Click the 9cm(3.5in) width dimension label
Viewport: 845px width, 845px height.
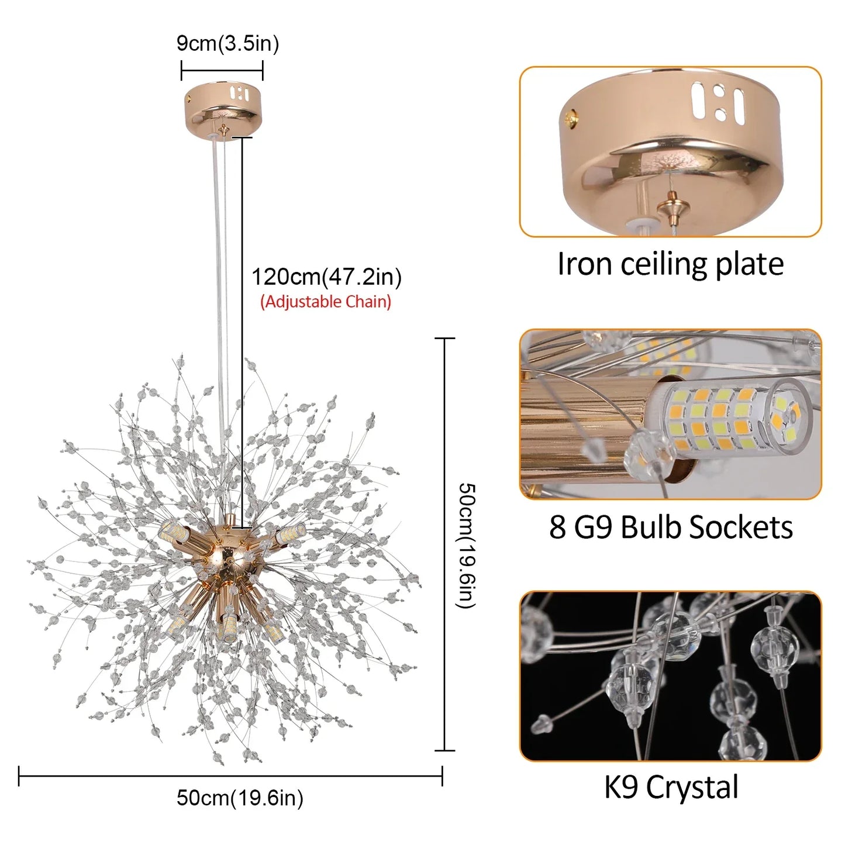pos(227,44)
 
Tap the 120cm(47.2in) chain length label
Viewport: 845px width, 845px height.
pos(326,277)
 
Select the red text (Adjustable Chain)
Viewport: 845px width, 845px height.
pos(326,302)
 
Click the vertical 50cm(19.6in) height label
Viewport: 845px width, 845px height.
pos(467,545)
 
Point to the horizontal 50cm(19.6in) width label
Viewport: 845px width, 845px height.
pos(240,798)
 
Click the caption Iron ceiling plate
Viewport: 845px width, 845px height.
pos(670,264)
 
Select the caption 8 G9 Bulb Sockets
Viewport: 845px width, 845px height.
pos(671,527)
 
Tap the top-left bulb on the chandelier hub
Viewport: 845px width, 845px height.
pos(173,532)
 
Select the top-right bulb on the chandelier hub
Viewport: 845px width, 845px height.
pos(290,533)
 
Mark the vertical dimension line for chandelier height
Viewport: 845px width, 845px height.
pos(445,544)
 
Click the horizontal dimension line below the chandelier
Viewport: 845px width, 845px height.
pos(230,776)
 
